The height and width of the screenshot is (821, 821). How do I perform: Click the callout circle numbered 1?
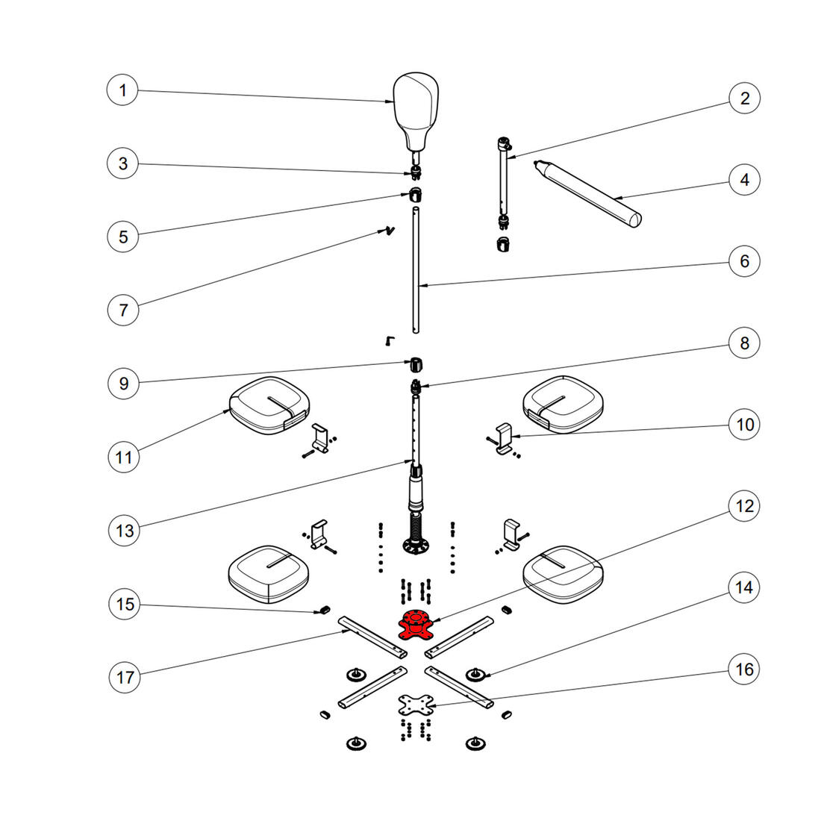point(123,91)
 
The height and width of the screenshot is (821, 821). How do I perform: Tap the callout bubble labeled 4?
point(744,180)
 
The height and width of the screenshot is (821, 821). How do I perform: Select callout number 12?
point(744,506)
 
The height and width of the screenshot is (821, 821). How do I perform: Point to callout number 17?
point(125,677)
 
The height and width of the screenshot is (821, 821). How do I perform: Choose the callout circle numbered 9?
point(123,384)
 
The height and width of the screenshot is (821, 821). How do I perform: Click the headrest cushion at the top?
point(416,104)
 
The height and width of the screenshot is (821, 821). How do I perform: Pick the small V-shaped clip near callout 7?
point(387,231)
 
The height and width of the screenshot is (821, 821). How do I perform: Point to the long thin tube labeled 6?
point(416,272)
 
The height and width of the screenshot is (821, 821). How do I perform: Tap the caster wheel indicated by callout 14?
point(475,675)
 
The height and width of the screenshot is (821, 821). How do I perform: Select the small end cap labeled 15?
point(323,611)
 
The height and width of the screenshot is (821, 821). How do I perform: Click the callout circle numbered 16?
point(744,669)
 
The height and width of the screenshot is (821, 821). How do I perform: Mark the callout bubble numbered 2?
point(744,98)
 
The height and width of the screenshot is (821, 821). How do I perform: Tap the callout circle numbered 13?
point(125,530)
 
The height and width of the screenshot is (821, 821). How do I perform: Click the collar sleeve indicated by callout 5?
point(415,196)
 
